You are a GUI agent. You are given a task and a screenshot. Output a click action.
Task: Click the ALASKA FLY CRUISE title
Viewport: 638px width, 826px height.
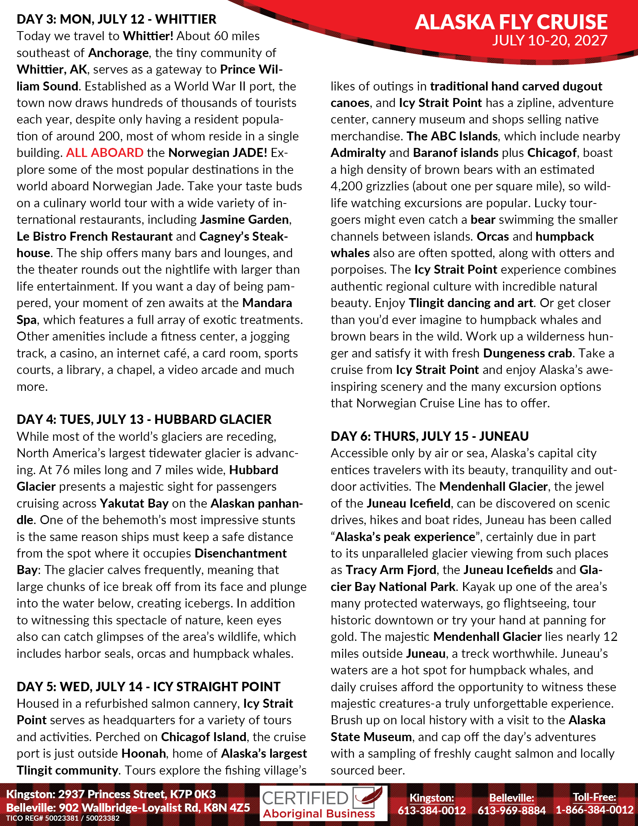(511, 22)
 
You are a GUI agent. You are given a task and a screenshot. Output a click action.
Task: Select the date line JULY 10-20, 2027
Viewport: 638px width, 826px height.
(549, 41)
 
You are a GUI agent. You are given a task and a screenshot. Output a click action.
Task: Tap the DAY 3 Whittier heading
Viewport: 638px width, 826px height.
(116, 19)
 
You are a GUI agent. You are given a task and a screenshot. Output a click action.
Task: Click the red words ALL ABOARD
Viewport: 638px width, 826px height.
(105, 153)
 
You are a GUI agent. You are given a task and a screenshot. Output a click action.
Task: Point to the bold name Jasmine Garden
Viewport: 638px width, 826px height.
(244, 220)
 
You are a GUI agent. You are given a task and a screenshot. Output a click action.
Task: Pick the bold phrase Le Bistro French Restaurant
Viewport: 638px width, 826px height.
(95, 237)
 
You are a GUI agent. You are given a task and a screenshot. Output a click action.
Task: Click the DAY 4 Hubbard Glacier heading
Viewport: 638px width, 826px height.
(144, 419)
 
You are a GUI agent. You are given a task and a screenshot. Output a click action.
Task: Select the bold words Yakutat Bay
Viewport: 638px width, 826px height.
(134, 503)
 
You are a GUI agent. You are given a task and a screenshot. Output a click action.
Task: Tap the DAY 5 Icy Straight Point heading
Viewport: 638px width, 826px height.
(149, 686)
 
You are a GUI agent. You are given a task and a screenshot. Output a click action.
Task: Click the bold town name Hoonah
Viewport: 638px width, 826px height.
(144, 754)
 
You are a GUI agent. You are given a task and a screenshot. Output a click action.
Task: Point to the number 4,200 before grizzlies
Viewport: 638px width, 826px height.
(347, 187)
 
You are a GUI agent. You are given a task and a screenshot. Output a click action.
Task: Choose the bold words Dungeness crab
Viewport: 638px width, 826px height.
(527, 353)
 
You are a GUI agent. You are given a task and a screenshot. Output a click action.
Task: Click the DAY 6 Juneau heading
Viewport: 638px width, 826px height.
(429, 436)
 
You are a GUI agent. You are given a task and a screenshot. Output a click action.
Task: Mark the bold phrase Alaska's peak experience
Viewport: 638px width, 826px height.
(405, 537)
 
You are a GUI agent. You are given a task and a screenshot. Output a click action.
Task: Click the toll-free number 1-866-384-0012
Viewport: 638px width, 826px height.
(594, 810)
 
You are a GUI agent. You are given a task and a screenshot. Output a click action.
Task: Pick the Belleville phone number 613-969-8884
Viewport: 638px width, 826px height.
(512, 810)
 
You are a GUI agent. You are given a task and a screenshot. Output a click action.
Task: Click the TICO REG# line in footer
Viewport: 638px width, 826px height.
(63, 818)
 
